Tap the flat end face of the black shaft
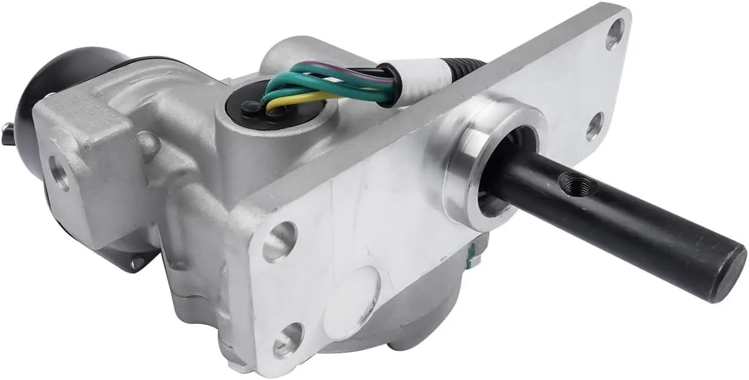click(727, 271)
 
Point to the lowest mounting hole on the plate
click(288, 340)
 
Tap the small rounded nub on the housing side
click(146, 144)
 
